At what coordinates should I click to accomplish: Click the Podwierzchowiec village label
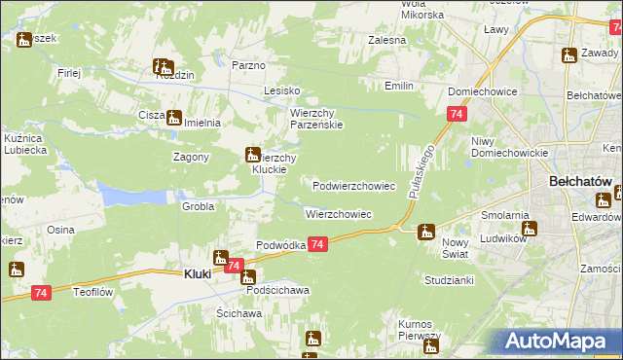click(x=353, y=185)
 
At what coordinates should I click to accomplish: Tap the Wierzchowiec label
click(x=338, y=213)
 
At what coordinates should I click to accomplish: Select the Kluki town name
click(x=198, y=274)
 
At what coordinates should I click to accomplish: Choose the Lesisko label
click(x=282, y=90)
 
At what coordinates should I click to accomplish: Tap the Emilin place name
click(x=399, y=87)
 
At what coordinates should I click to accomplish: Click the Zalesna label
click(x=386, y=41)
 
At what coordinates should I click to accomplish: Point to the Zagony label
click(x=192, y=156)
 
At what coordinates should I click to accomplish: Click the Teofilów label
click(x=95, y=290)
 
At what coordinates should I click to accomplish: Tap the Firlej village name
click(x=69, y=72)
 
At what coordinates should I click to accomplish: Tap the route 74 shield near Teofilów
click(x=41, y=293)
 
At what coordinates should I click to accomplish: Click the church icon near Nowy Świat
click(x=425, y=232)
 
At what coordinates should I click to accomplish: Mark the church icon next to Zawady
click(x=568, y=56)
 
